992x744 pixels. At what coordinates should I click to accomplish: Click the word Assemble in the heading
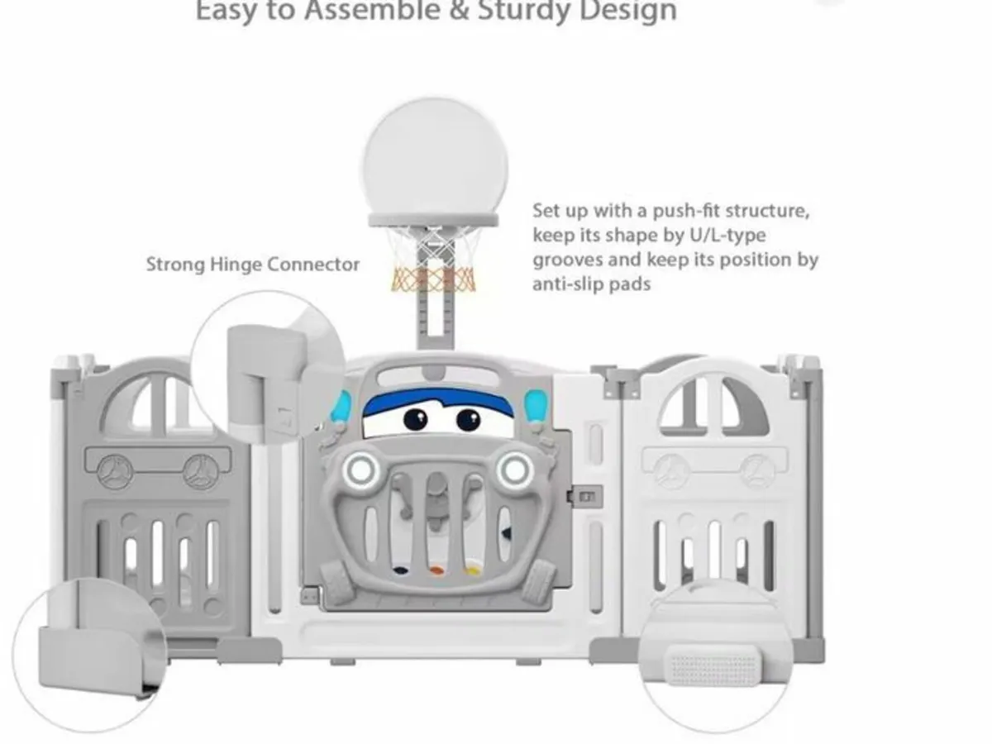tap(372, 10)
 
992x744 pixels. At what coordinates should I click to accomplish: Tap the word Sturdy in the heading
tap(524, 11)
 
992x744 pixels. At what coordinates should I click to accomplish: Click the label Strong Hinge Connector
tap(253, 265)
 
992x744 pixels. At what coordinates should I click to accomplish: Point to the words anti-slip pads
tap(592, 284)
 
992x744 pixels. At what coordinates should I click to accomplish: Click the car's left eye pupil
tap(415, 420)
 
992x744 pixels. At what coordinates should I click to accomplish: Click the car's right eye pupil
tap(469, 420)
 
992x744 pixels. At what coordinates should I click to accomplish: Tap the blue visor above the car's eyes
tap(437, 401)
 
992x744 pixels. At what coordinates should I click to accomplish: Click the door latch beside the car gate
tap(584, 497)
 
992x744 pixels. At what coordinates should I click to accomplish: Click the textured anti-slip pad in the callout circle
tap(714, 665)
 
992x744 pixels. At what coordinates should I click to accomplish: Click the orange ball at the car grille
tap(436, 571)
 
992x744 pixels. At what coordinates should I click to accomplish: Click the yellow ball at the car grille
tap(471, 571)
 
